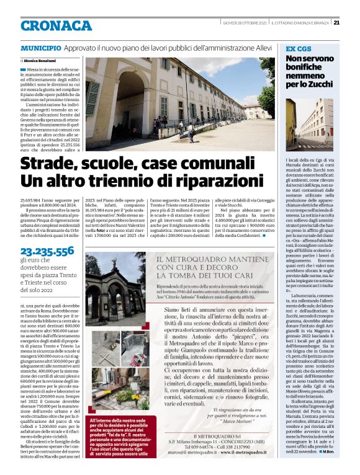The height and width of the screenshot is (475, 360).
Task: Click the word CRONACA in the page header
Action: pos(56,25)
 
